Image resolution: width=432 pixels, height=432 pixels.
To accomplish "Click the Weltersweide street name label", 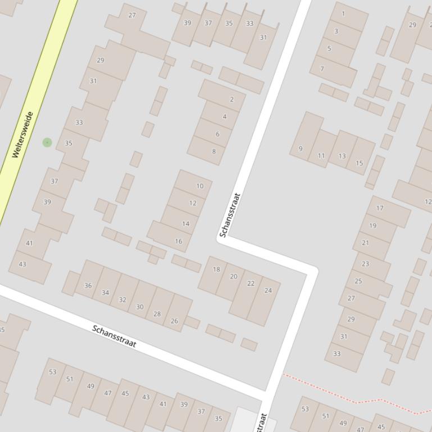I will click(23, 135).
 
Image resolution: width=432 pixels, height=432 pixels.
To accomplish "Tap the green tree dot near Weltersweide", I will click(47, 143).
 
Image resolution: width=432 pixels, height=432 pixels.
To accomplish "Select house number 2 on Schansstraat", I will click(231, 100).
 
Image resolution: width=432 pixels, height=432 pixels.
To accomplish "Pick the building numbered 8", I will click(213, 151).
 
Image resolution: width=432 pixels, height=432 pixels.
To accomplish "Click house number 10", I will click(200, 186).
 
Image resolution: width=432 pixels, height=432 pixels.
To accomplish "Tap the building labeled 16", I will click(179, 241).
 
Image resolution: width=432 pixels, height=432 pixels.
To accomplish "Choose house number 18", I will click(216, 269).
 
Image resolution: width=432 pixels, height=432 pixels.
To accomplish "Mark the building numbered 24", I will click(268, 291).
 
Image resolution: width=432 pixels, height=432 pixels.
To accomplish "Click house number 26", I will click(174, 321).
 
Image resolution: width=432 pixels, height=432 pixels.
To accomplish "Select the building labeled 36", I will click(88, 286).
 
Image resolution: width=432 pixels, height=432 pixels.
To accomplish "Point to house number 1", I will click(343, 13).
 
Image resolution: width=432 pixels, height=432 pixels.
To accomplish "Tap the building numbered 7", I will click(322, 69).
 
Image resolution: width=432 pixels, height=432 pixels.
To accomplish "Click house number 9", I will click(301, 149).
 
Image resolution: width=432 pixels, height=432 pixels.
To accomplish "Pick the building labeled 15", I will click(359, 163).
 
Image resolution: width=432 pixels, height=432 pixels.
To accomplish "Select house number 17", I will click(380, 208).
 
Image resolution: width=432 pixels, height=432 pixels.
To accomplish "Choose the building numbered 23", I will click(366, 264).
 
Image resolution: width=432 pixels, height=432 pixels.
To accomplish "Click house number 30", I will click(140, 307).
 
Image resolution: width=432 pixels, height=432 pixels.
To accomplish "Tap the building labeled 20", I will click(234, 276).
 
